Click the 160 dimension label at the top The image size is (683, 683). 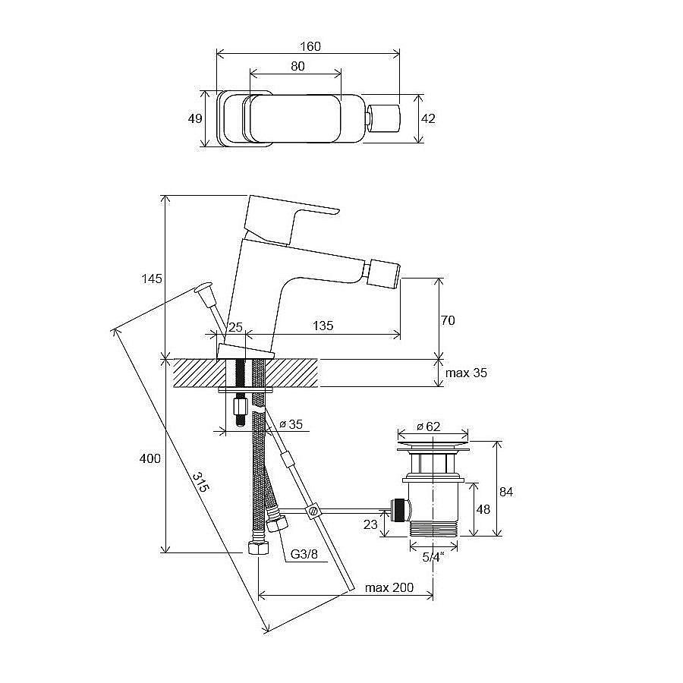pyautogui.click(x=310, y=46)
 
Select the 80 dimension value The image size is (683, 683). pyautogui.click(x=297, y=66)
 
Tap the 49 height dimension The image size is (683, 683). pyautogui.click(x=195, y=118)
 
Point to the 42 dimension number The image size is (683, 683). pyautogui.click(x=428, y=118)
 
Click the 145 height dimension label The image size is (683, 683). pyautogui.click(x=152, y=279)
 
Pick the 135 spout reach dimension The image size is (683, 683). pyautogui.click(x=323, y=326)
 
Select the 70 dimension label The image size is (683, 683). pyautogui.click(x=448, y=320)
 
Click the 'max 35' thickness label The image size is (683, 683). pyautogui.click(x=466, y=373)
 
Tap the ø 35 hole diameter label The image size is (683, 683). pyautogui.click(x=291, y=423)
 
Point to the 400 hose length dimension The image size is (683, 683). pyautogui.click(x=150, y=458)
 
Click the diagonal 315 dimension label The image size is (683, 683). pyautogui.click(x=201, y=482)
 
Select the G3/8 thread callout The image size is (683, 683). pyautogui.click(x=304, y=554)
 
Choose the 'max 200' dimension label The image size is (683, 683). pyautogui.click(x=389, y=587)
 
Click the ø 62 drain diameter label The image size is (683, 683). pyautogui.click(x=428, y=426)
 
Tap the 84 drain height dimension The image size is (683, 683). pyautogui.click(x=506, y=492)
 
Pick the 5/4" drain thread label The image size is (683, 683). pyautogui.click(x=433, y=557)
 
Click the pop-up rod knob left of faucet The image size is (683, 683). pyautogui.click(x=203, y=287)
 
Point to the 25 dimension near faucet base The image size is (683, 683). pyautogui.click(x=235, y=326)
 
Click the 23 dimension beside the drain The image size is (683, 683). pyautogui.click(x=370, y=524)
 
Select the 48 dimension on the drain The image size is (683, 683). pyautogui.click(x=483, y=509)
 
